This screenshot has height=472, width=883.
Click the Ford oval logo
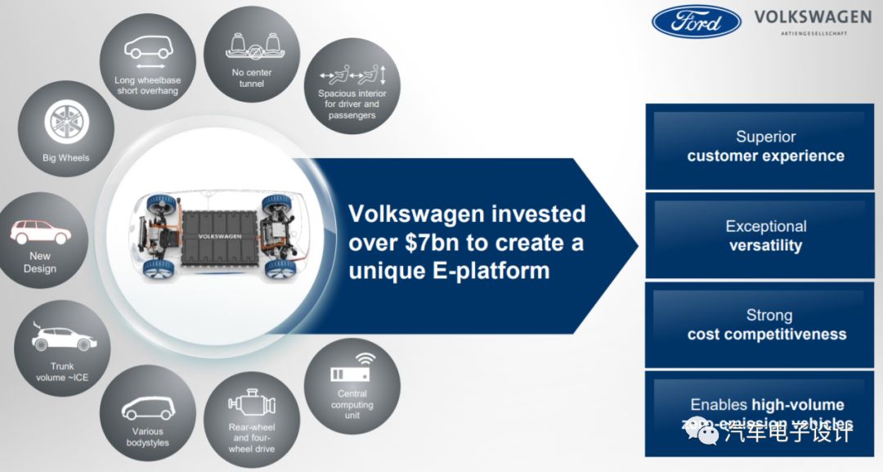pyautogui.click(x=696, y=21)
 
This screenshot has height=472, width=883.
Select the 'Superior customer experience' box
pyautogui.click(x=766, y=146)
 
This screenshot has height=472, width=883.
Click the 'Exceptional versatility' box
pyautogui.click(x=766, y=236)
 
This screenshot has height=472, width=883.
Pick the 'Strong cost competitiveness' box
pyautogui.click(x=766, y=325)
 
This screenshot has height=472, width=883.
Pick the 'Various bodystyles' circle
pyautogui.click(x=147, y=413)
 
